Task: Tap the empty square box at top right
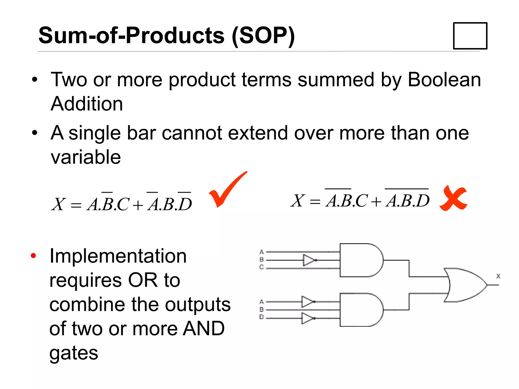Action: click(x=470, y=36)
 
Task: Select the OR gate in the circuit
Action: click(x=464, y=285)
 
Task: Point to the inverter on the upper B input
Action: click(x=309, y=260)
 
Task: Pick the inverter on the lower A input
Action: click(x=308, y=302)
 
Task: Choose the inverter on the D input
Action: click(x=308, y=318)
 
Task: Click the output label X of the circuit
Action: click(x=498, y=276)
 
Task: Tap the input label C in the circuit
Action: click(x=262, y=267)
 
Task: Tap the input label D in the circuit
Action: click(x=262, y=317)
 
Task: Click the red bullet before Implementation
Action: click(x=33, y=256)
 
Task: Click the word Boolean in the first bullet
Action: click(x=444, y=80)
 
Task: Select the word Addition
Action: click(x=87, y=104)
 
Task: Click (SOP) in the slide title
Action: click(x=264, y=36)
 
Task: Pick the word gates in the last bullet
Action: click(x=73, y=353)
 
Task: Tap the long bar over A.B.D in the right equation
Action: click(x=406, y=189)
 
